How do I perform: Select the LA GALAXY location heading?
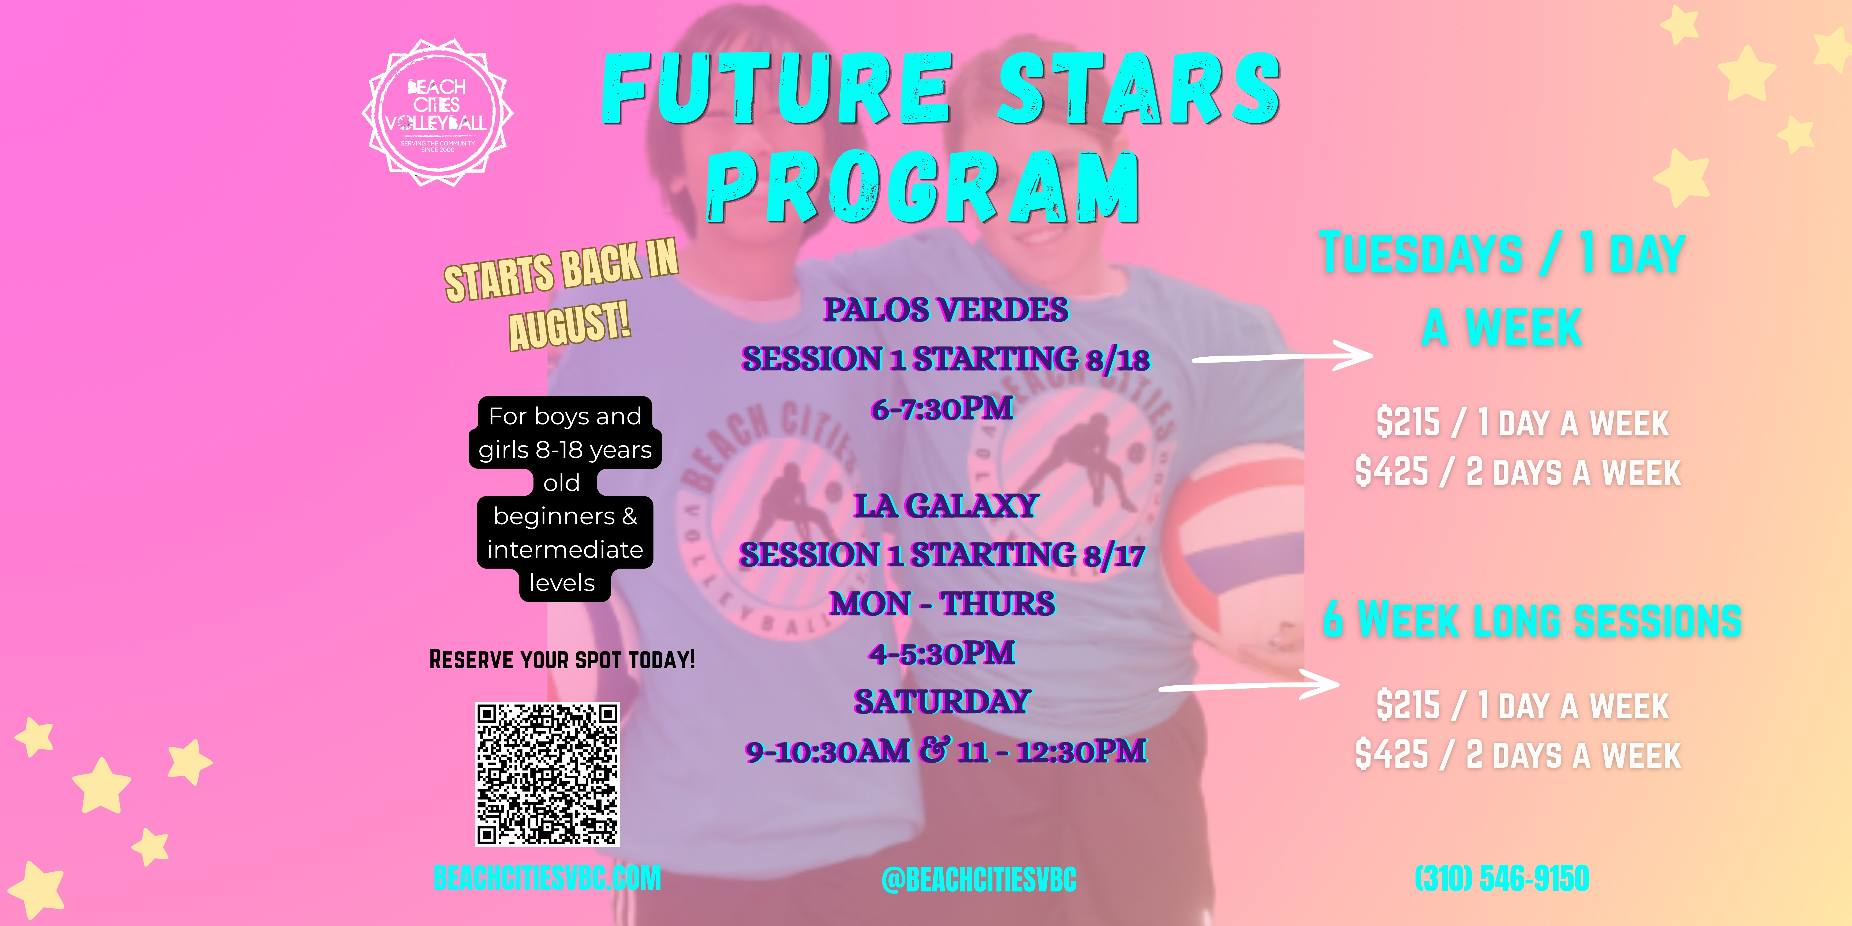pyautogui.click(x=945, y=505)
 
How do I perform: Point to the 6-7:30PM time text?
pyautogui.click(x=942, y=408)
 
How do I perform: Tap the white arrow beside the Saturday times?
pyautogui.click(x=1249, y=685)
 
